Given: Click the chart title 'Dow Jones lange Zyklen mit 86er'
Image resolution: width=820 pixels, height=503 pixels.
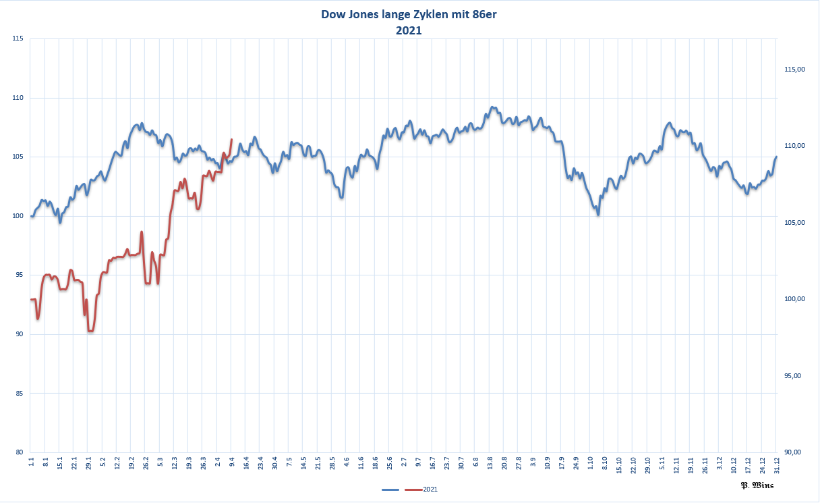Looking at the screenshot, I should point(409,15).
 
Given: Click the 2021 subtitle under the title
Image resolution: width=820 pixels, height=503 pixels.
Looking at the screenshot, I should point(409,30).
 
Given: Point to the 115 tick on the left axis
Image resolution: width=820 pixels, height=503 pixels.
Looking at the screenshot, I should point(18,38).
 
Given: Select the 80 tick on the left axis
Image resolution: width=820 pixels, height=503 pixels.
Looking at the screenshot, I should point(20,452).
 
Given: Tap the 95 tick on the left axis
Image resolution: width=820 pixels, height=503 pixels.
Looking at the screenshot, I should point(20,275).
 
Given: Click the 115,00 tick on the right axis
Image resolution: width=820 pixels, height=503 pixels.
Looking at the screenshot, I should point(796,70).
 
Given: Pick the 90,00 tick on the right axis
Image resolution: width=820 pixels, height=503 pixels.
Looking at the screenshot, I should point(796,452).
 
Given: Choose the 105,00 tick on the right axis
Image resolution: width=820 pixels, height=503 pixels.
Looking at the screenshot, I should point(796,223).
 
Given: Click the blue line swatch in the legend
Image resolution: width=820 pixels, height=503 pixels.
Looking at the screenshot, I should point(391,488).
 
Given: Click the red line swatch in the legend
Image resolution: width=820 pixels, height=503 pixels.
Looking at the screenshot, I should point(413,488).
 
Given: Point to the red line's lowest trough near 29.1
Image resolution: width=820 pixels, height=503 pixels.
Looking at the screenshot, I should point(90,331).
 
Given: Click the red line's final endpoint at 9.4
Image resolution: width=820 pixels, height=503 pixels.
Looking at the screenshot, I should point(232,140).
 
